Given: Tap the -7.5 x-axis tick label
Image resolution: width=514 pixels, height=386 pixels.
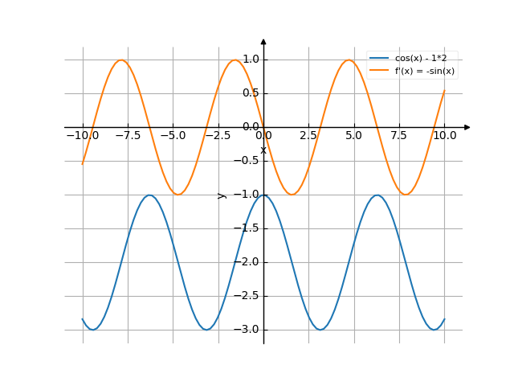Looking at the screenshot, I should pos(128,136).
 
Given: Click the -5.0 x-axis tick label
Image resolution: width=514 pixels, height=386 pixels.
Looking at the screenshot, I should pos(173,136).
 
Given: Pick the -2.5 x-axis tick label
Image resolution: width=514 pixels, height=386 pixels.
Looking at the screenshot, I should pos(218,136).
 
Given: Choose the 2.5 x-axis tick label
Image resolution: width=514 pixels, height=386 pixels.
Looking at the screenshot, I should pos(308,136).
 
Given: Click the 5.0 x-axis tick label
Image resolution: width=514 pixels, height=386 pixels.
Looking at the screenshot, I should pos(353,136).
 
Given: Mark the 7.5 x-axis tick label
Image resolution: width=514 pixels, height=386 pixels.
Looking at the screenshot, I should pos(399,136).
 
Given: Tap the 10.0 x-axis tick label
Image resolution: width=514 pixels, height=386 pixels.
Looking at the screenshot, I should pos(444,136).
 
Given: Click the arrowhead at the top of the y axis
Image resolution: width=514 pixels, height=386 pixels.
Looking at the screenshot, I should pos(263,42).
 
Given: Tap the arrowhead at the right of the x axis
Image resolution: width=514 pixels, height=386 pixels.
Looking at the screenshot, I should pos(467,127).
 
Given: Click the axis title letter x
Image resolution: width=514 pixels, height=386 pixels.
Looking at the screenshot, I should pos(263,150).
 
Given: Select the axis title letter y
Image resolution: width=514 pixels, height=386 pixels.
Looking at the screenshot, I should pos(222,195).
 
